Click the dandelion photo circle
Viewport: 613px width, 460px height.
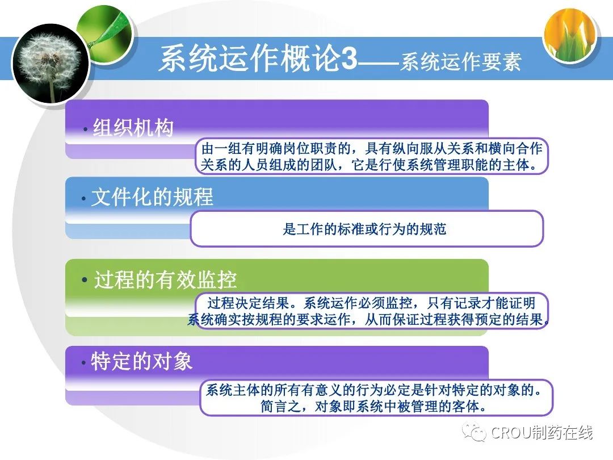[x=51, y=64]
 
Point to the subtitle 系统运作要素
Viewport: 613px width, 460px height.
[x=460, y=62]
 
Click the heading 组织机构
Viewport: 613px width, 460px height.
[x=133, y=128]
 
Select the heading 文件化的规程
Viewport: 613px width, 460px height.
[x=153, y=196]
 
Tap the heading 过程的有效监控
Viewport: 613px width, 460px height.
[x=165, y=279]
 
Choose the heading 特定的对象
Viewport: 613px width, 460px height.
[x=142, y=361]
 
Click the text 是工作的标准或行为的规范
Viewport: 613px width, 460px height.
[x=364, y=229]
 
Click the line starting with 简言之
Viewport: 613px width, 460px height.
[x=374, y=407]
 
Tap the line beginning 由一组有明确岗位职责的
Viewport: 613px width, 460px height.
[x=372, y=149]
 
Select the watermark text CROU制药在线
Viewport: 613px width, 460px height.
[x=542, y=433]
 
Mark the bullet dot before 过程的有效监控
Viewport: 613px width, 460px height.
[x=85, y=280]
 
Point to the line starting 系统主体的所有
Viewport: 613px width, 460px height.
[x=374, y=390]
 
